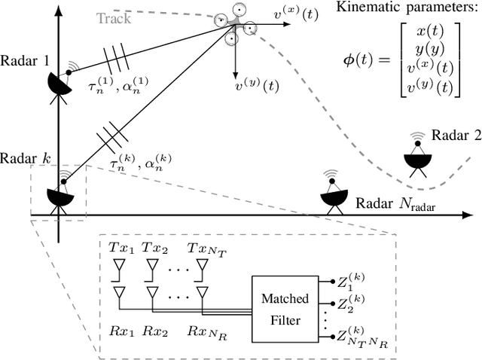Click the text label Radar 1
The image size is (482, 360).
pos(26,60)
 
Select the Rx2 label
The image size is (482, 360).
pos(154,330)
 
